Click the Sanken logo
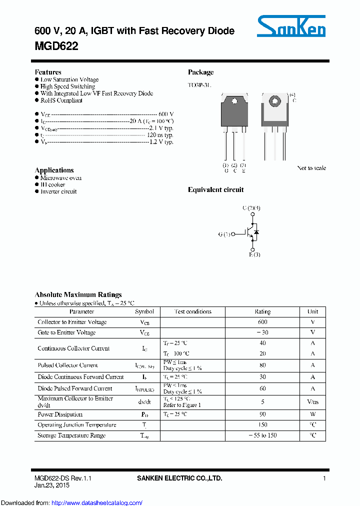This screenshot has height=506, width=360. point(291,26)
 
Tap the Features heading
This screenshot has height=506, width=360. point(48,72)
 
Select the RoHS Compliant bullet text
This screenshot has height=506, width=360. point(61,100)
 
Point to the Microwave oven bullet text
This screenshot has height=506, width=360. point(61,178)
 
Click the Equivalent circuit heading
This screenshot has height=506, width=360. point(215,190)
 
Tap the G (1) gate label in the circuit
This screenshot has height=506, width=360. point(224,234)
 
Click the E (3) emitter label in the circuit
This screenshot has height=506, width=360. point(254,255)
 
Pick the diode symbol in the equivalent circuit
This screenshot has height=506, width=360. point(256,232)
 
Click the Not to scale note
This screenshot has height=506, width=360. point(311,168)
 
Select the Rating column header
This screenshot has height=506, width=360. point(262,311)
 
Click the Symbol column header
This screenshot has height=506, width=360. point(144,311)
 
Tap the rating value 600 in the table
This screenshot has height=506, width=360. point(262,322)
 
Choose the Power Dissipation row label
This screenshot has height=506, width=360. point(60,414)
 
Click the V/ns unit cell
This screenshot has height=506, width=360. point(312,401)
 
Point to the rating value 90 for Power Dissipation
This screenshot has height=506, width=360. point(262,414)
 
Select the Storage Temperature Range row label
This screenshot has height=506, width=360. point(71,435)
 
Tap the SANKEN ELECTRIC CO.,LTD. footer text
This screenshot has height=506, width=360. point(179,478)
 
